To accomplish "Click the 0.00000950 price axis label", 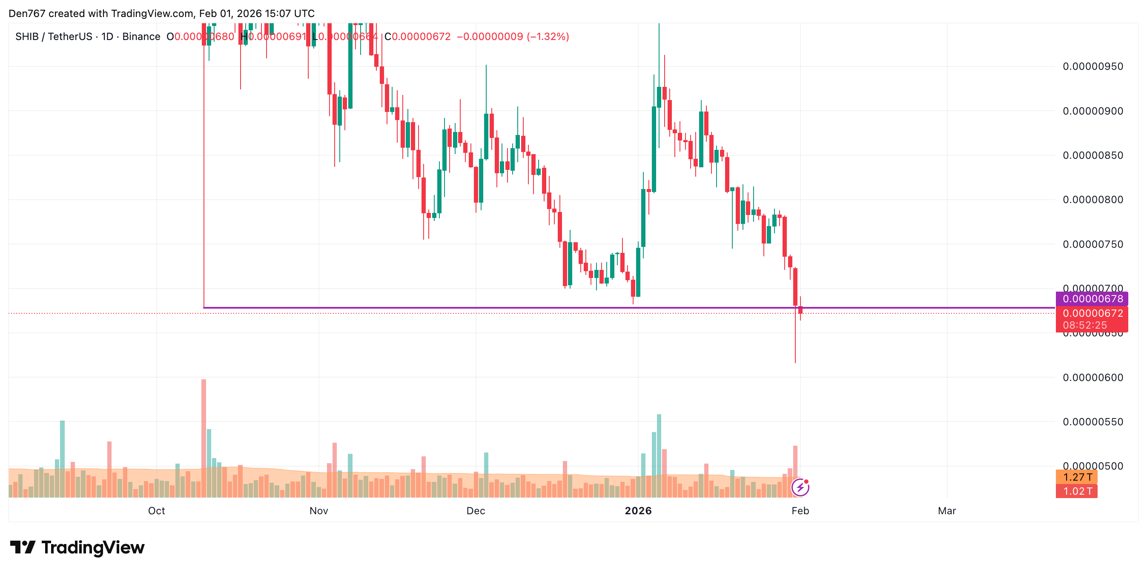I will [1092, 67].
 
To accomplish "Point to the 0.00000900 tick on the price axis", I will [1092, 111].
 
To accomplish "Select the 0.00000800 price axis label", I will [1092, 200].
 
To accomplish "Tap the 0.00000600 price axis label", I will [1092, 378].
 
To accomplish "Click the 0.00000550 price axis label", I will [1092, 421].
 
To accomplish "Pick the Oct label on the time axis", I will [156, 511].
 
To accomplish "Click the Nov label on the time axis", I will [319, 511].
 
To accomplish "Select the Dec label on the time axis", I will [476, 511].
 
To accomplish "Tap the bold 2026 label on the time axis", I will [638, 511].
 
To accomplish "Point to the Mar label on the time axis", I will [946, 511].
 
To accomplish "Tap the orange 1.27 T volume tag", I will [1077, 477].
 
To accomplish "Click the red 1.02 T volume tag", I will [1077, 492].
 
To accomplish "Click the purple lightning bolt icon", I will [800, 487].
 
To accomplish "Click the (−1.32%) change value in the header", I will [548, 37].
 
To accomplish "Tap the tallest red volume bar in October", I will [204, 438].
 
